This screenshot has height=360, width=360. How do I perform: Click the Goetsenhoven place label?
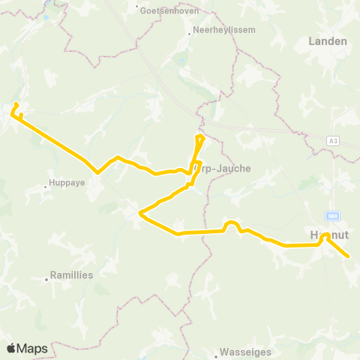164,10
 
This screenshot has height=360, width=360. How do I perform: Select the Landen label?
328,41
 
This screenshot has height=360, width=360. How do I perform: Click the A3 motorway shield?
333,140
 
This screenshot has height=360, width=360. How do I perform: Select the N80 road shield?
333,215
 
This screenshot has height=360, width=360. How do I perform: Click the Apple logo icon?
11,348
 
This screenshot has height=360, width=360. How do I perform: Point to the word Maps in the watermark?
32,348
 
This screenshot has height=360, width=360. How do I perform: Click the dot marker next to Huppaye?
46,182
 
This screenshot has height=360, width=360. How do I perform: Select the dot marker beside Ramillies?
46,280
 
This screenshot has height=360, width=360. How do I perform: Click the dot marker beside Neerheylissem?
190,32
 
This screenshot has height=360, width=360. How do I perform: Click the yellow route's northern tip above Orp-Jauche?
200,136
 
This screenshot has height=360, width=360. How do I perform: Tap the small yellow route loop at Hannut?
326,237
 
